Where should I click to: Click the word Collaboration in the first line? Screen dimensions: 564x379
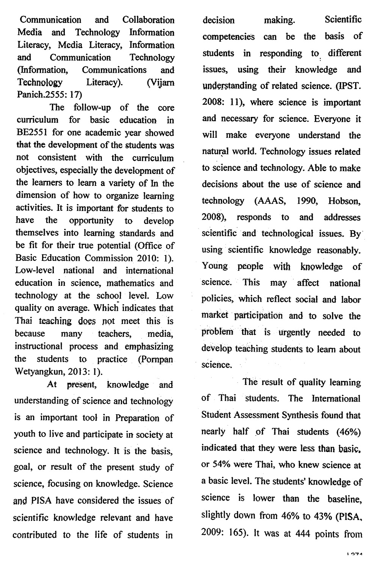pos(149,20)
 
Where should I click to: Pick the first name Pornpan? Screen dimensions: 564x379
pos(156,359)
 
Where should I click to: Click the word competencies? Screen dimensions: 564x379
pos(229,37)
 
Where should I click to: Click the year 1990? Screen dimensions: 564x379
pos(307,201)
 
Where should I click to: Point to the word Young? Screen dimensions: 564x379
pos(215,266)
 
